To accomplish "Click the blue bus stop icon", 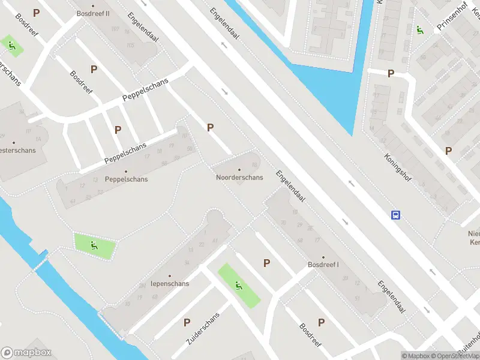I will (395, 215).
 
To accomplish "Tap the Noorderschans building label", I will (239, 178).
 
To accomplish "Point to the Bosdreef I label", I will (323, 265).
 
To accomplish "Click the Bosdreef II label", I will (93, 13).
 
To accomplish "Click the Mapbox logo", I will (26, 353).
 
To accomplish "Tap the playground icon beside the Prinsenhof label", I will (420, 30).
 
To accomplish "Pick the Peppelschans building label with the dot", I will (126, 179).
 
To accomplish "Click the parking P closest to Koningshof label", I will (448, 151).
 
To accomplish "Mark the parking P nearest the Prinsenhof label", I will (391, 74).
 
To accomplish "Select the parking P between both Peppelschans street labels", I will (118, 129).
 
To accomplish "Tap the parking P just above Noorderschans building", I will (210, 127).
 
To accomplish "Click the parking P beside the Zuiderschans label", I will (187, 323).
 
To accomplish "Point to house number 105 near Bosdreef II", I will (130, 45).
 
